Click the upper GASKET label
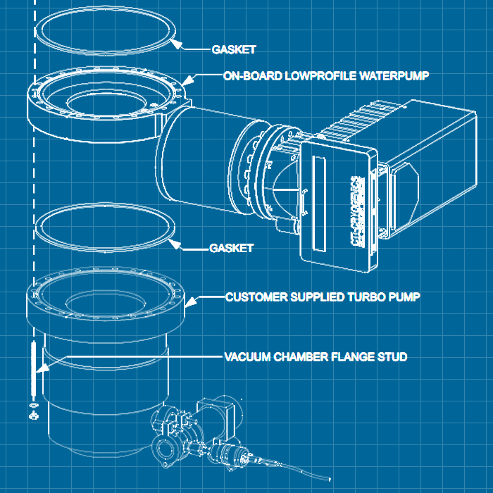(x=233, y=49)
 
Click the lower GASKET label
(x=232, y=249)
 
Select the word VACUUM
(x=247, y=357)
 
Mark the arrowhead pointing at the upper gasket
(x=177, y=45)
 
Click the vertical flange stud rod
(x=33, y=370)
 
